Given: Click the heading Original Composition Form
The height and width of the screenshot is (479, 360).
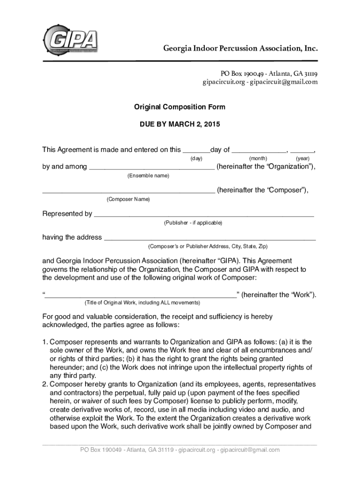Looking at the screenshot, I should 180,107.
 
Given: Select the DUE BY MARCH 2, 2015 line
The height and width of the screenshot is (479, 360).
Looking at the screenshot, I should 180,125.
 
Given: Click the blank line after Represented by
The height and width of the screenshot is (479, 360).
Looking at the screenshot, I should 204,215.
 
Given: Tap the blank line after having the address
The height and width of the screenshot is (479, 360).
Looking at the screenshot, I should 209,239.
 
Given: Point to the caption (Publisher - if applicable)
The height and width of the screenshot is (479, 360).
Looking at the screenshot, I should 193,223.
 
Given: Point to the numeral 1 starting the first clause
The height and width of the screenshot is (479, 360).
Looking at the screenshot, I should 44,342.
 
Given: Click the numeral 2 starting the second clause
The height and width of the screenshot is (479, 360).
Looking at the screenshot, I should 44,385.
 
